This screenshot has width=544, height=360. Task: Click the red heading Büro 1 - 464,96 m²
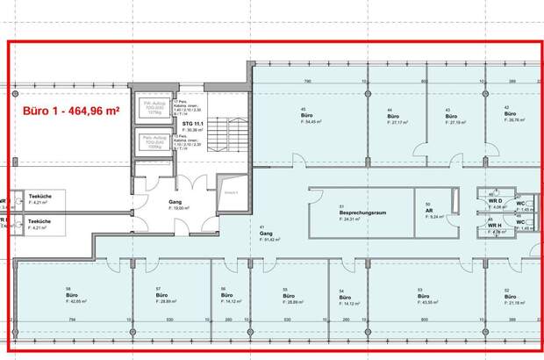click(x=69, y=112)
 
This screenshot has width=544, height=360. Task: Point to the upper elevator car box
click(x=154, y=110)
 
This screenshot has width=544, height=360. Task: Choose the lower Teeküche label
click(x=39, y=220)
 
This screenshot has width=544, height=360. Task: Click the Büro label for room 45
click(x=306, y=116)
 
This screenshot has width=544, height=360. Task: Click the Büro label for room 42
click(x=509, y=115)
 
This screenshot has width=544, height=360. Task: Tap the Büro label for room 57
click(x=159, y=295)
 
